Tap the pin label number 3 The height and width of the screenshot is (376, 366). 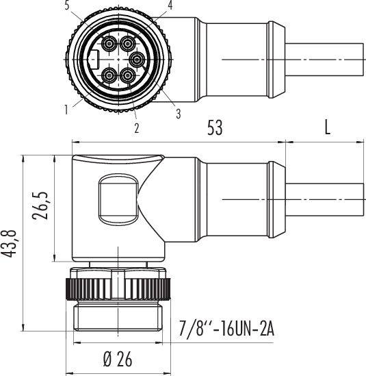179,114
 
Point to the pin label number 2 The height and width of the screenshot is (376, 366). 136,127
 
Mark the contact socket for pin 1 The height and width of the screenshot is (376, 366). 109,75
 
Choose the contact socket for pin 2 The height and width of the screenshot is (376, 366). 128,75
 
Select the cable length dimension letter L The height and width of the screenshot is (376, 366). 327,128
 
